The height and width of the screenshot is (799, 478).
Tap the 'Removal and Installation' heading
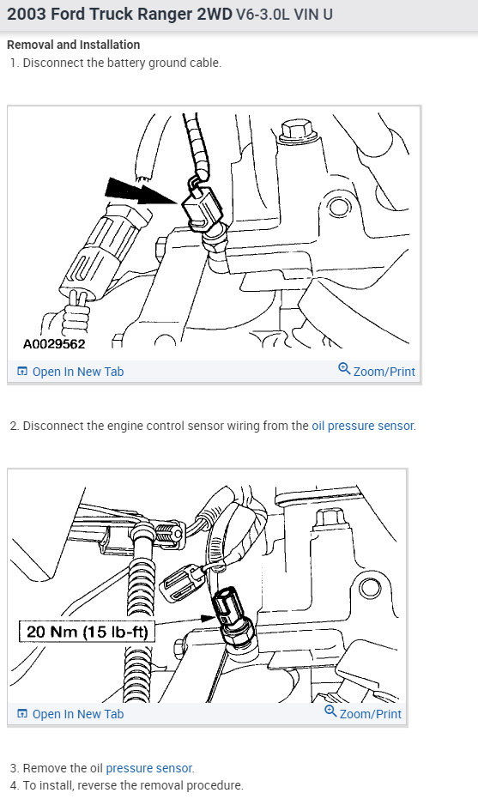73,45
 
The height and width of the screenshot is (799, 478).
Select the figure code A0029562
54,343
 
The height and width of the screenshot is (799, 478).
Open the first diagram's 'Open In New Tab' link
77,372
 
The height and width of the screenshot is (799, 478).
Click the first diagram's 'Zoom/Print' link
384,372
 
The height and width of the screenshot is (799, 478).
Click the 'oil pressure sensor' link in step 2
362,426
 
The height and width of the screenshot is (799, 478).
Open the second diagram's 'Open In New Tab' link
77,714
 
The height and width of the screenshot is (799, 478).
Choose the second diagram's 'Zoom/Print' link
370,714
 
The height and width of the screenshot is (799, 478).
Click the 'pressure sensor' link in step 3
149,768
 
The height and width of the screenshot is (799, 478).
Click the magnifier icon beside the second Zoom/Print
331,712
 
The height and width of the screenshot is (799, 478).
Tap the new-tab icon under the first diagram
22,372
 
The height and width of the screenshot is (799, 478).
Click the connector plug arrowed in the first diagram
204,206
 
